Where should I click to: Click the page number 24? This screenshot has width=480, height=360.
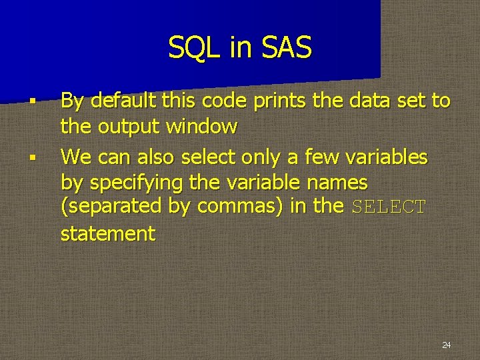point(446,345)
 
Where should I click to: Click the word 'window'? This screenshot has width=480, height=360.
point(201,126)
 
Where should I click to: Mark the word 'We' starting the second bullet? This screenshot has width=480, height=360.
point(76,157)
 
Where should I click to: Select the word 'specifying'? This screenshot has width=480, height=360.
point(139,183)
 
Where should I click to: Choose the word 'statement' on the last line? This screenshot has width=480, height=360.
point(107,234)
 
